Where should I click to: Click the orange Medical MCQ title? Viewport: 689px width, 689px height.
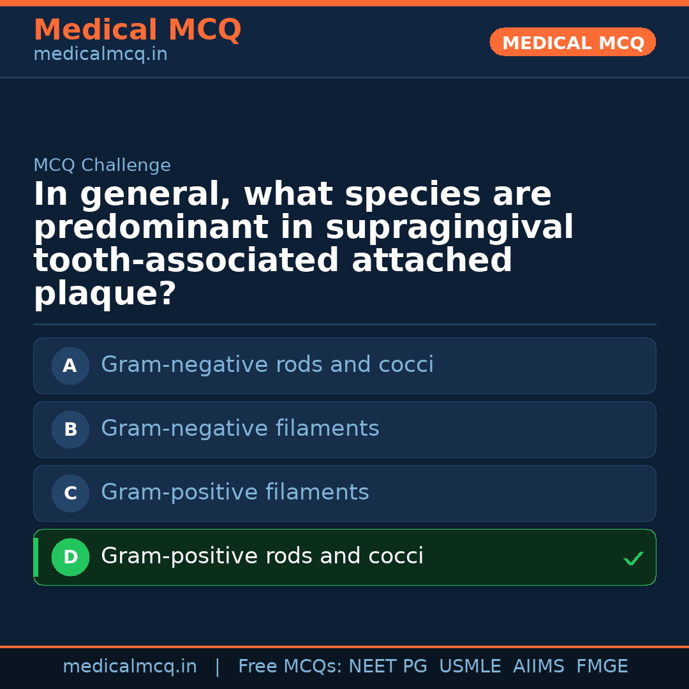point(137,30)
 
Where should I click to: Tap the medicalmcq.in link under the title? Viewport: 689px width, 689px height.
point(100,55)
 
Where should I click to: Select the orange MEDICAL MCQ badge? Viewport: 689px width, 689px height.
point(572,42)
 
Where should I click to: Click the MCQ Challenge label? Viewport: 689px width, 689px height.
point(102,166)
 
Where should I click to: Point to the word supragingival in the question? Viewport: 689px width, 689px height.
point(450,228)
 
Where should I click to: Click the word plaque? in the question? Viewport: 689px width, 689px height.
point(105,294)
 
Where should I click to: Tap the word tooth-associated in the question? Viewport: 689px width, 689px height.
point(186,261)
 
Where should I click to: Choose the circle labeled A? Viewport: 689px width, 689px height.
point(70,366)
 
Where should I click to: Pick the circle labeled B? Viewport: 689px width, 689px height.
point(70,429)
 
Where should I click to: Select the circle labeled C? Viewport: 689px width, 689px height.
point(70,493)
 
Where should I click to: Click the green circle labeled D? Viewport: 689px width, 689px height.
point(70,557)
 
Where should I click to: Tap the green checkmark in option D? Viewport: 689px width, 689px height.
point(633,559)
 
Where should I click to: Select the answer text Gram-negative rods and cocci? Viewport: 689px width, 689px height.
point(267,365)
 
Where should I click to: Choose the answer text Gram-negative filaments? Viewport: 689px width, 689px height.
point(240,429)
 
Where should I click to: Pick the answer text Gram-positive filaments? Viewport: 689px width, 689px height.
point(235,493)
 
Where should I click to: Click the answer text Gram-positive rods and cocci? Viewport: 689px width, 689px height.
point(262,556)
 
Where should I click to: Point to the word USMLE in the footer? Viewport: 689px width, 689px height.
point(470,667)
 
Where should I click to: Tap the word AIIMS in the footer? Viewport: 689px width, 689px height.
point(538,667)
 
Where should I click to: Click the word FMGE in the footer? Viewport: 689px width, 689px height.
point(602,667)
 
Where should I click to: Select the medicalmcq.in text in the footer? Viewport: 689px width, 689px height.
point(130,667)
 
